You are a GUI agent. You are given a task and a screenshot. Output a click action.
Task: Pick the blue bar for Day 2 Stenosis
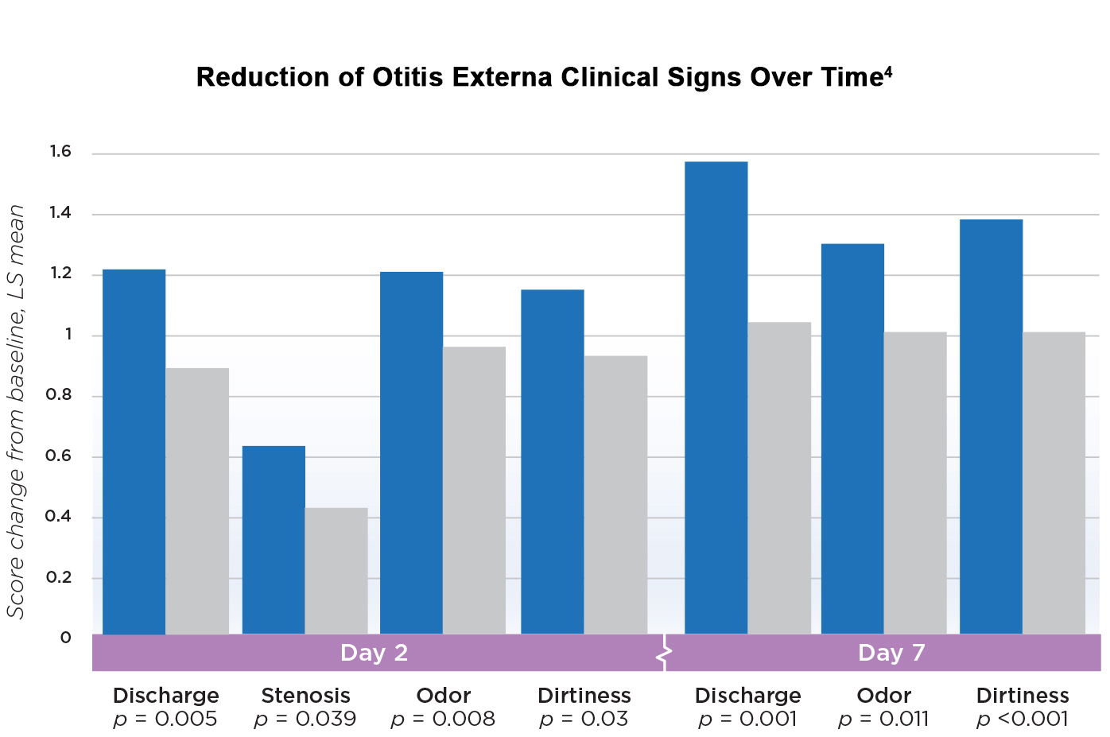click(x=274, y=540)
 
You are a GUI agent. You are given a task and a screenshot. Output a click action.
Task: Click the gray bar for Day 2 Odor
click(x=474, y=491)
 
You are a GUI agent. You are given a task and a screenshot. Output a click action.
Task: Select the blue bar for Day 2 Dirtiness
click(x=552, y=462)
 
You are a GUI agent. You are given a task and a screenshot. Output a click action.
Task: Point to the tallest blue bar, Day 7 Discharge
click(x=716, y=398)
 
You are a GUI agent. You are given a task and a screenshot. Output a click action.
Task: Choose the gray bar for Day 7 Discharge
click(x=779, y=478)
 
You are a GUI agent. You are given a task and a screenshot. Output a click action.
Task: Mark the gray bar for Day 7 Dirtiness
click(x=1054, y=483)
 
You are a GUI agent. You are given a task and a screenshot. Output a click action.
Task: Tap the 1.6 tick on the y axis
click(x=60, y=152)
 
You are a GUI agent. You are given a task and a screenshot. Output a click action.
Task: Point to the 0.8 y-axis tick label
click(x=58, y=395)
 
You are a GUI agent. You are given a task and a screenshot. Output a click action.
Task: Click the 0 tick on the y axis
click(x=66, y=638)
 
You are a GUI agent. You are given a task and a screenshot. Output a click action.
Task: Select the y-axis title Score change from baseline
click(x=16, y=411)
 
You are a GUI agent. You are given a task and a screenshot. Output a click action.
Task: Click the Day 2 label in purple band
click(x=374, y=653)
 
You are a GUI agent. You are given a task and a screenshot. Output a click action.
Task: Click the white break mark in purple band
click(x=664, y=654)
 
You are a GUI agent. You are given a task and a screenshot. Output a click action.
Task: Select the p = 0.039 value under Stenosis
click(x=305, y=720)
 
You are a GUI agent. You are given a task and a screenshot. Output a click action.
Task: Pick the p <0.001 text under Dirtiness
click(x=1023, y=720)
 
